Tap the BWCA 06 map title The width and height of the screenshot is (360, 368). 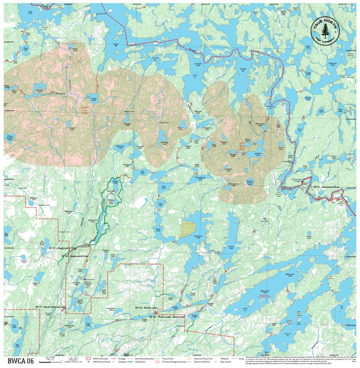[x=20, y=360]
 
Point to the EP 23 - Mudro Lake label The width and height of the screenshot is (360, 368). [x=146, y=307]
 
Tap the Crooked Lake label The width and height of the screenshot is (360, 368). [x=198, y=64]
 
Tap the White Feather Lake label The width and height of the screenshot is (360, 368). [x=9, y=137]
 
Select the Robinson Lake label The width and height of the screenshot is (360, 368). [x=332, y=64]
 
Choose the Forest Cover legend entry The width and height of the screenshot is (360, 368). [x=167, y=358]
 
